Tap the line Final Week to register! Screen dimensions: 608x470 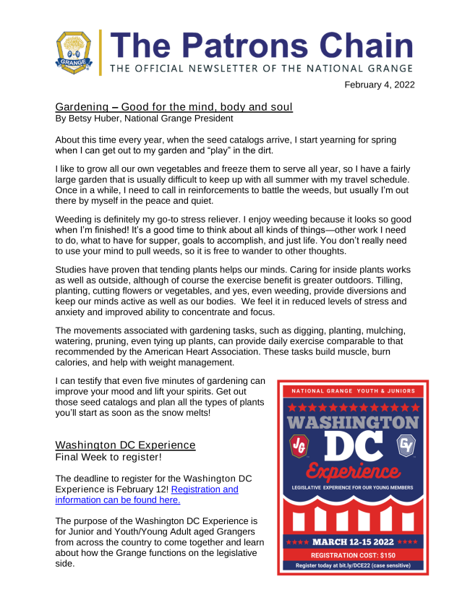pyautogui.click(x=100, y=457)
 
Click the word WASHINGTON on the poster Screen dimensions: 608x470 pyautogui.click(x=354, y=421)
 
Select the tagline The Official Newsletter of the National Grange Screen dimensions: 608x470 pyautogui.click(x=262, y=68)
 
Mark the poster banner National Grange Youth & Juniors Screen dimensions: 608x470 pyautogui.click(x=354, y=391)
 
